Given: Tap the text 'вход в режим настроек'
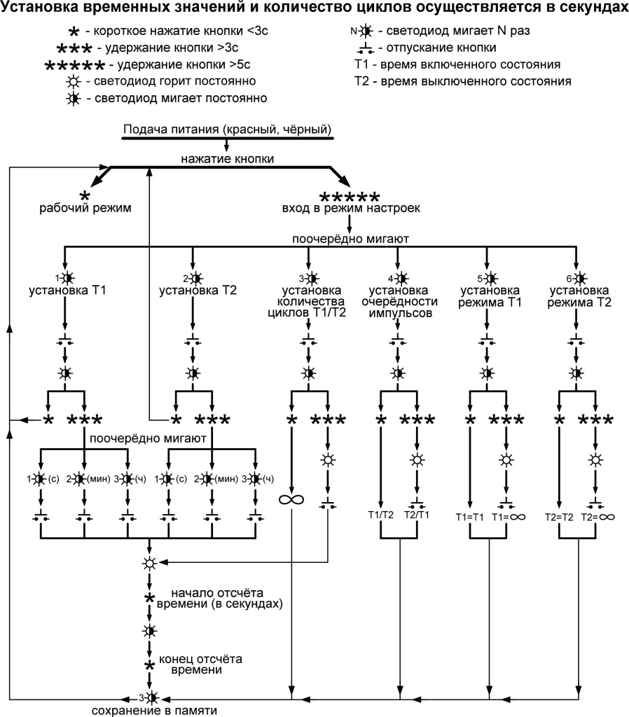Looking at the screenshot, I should pos(350,209).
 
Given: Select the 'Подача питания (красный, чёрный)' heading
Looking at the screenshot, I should pos(227,130).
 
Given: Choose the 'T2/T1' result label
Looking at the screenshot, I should pos(418,515).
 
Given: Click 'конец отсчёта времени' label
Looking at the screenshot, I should pos(200,664).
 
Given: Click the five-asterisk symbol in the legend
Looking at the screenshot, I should pos(74,66).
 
